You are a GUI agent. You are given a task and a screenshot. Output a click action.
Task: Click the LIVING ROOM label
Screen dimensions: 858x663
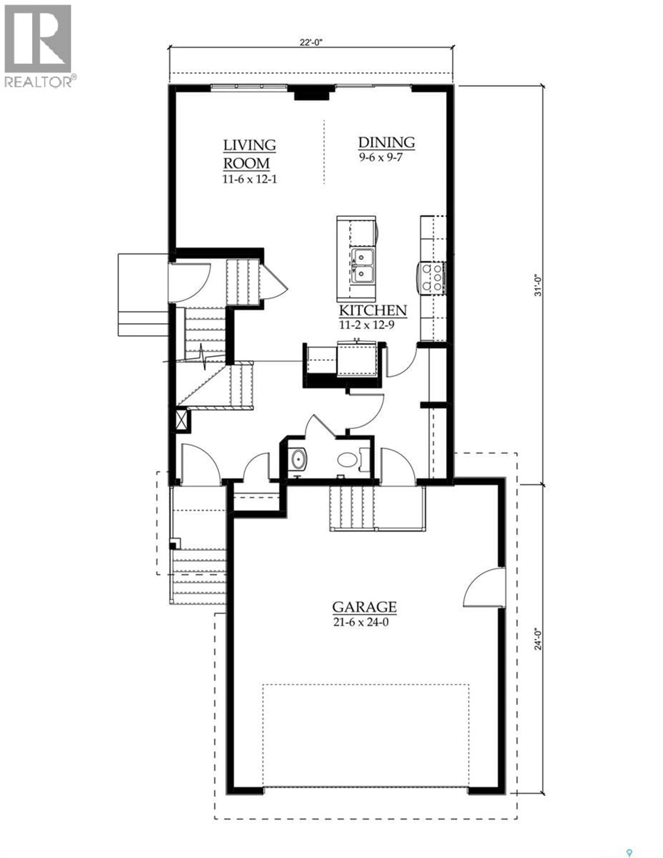coord(249,154)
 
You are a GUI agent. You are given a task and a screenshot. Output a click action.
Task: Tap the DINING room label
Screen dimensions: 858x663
coord(386,142)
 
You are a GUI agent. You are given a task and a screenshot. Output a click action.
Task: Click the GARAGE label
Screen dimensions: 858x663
coord(364,607)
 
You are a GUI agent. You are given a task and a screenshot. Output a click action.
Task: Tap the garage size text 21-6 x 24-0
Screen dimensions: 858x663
coord(361,623)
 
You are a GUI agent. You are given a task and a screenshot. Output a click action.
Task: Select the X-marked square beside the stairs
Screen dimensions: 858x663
coord(182,421)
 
